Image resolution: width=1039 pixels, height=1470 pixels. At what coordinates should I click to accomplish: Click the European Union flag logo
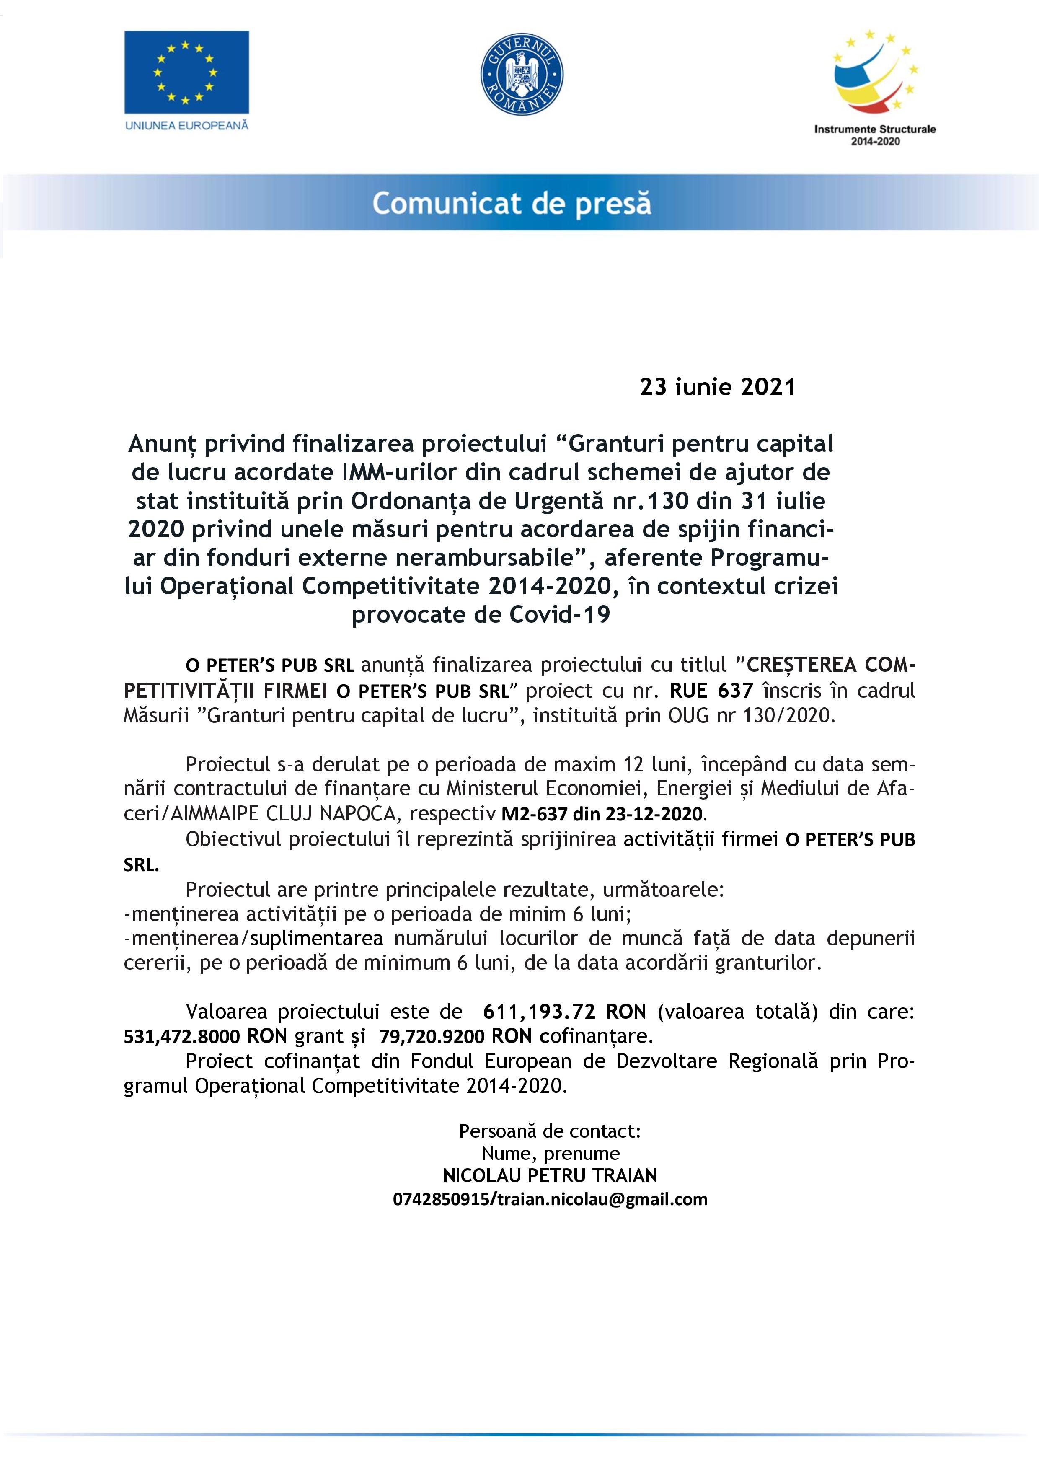[x=186, y=72]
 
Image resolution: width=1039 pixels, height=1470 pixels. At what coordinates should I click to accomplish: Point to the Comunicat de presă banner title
[x=512, y=204]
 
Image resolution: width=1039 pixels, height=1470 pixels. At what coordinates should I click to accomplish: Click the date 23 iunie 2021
[x=717, y=387]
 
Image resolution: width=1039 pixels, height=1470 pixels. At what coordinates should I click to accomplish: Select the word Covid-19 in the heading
[x=560, y=615]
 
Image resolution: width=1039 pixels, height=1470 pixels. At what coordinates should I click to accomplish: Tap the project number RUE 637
[x=711, y=691]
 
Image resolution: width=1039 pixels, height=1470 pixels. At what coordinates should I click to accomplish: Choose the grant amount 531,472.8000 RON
[x=205, y=1037]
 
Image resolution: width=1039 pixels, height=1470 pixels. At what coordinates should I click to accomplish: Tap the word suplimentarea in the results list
[x=316, y=939]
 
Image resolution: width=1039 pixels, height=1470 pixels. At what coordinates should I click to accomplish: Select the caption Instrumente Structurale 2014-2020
[x=874, y=135]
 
